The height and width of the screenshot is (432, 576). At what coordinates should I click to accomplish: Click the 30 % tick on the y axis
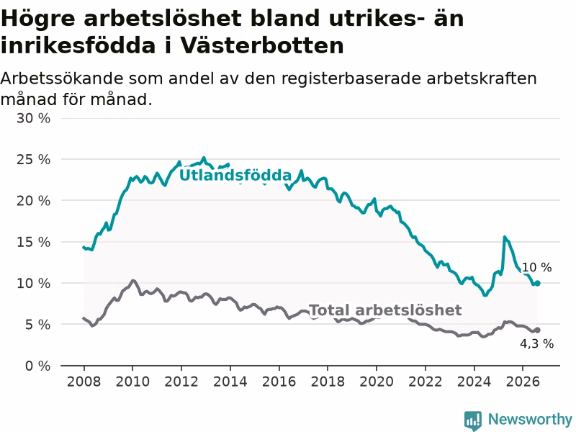click(x=33, y=118)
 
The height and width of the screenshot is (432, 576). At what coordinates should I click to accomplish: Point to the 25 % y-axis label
click(x=33, y=159)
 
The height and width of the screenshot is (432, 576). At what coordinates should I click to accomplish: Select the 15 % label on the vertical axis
click(x=33, y=242)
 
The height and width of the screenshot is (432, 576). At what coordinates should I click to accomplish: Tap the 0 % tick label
click(x=38, y=366)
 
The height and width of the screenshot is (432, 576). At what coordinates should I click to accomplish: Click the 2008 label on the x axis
click(x=84, y=382)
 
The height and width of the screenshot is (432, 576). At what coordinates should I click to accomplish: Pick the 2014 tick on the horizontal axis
click(x=230, y=382)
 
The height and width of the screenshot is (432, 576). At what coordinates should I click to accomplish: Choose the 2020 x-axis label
click(x=377, y=382)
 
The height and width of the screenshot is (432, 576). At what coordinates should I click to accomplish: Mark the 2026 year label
click(x=523, y=382)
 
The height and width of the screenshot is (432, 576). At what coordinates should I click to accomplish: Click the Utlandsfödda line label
click(x=235, y=175)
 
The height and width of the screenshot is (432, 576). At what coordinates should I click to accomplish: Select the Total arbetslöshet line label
click(x=385, y=310)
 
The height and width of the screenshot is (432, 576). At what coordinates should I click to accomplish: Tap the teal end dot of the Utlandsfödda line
click(x=537, y=283)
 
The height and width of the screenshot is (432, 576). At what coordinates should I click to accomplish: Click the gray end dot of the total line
click(x=537, y=330)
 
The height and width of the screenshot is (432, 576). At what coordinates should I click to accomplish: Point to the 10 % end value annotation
click(x=536, y=267)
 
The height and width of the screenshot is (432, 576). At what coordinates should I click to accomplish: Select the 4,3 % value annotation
click(x=536, y=344)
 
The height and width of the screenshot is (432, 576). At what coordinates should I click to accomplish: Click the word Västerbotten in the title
click(x=262, y=46)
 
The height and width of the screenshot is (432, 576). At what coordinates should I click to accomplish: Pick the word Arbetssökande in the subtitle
click(x=62, y=78)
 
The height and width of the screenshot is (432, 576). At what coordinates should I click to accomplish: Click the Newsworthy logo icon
click(x=473, y=420)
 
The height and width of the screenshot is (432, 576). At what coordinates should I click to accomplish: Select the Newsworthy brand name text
click(x=530, y=419)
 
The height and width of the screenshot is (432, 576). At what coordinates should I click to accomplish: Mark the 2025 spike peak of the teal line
click(x=505, y=237)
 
